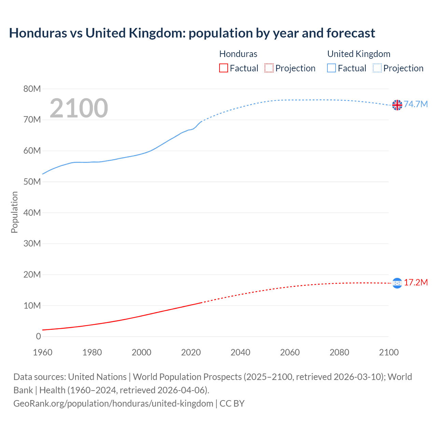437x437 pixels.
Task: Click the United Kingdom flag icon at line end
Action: [397, 105]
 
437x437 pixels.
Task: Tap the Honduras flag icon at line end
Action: [397, 283]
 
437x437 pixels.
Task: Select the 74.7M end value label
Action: [416, 104]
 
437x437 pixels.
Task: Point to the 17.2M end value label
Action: [416, 283]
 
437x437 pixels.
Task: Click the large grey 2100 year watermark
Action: [79, 108]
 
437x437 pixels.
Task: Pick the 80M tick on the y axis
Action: [32, 89]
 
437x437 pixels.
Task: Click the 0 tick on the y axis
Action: [38, 336]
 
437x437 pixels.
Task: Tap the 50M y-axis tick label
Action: [32, 182]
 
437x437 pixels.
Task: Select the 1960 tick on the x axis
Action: [43, 352]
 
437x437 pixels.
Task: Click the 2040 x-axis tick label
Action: [240, 352]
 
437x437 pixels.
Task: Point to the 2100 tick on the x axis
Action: [389, 352]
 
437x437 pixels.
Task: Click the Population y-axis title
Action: [14, 212]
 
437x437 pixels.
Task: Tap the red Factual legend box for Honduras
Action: [224, 68]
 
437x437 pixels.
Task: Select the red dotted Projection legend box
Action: [269, 68]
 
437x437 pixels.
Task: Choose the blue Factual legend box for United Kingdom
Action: [332, 68]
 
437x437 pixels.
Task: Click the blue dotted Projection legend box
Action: [377, 68]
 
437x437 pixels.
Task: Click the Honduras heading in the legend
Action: [238, 54]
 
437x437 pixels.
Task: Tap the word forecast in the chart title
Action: [351, 33]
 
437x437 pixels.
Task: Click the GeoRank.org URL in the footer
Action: [113, 404]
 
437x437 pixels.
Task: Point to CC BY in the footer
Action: [232, 404]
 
